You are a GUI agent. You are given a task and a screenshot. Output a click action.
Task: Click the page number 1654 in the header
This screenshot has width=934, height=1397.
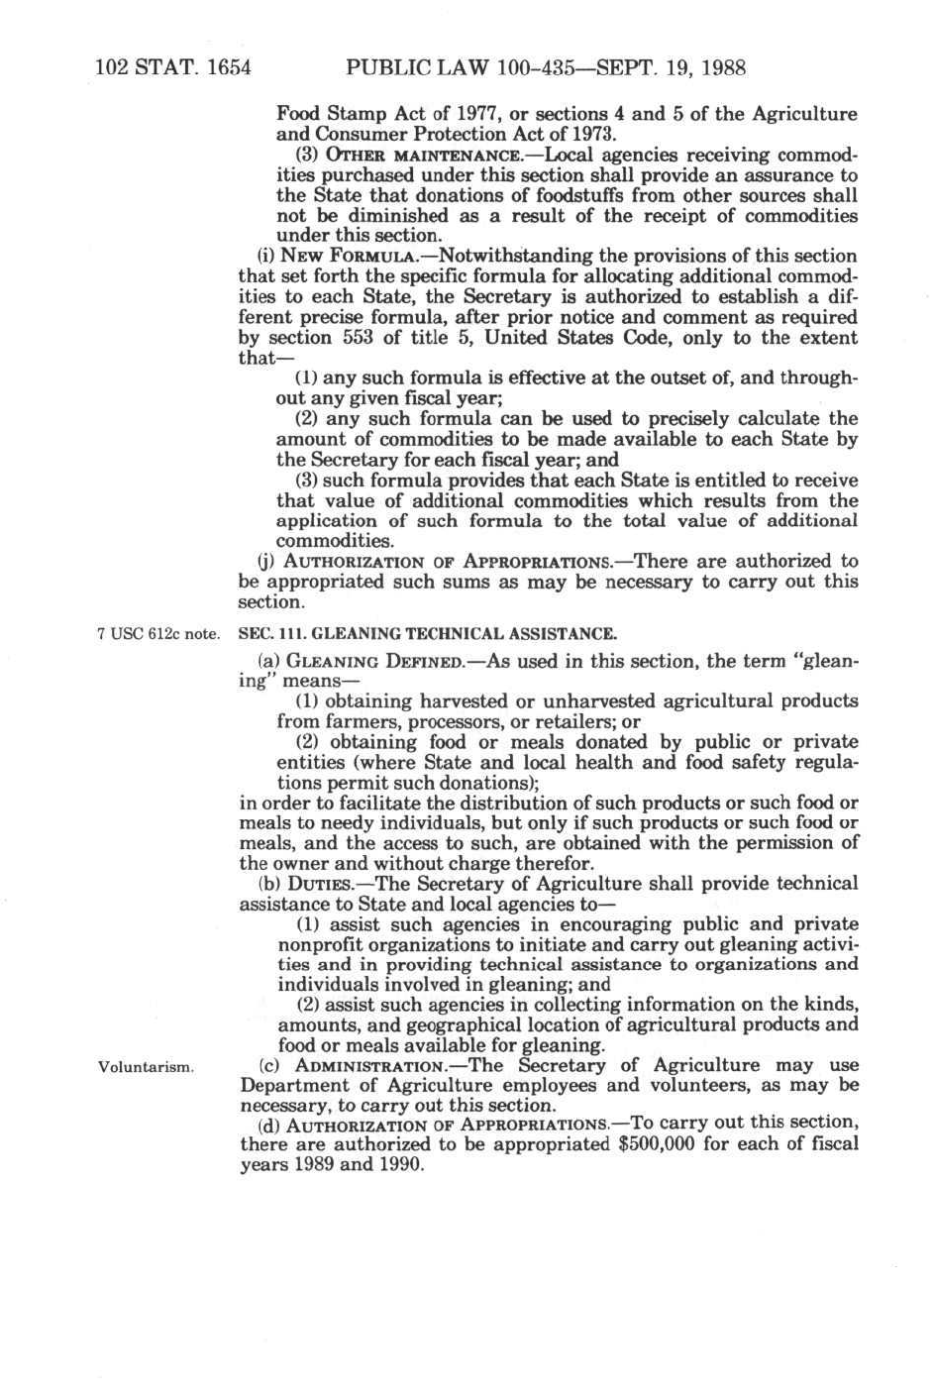pos(224,68)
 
